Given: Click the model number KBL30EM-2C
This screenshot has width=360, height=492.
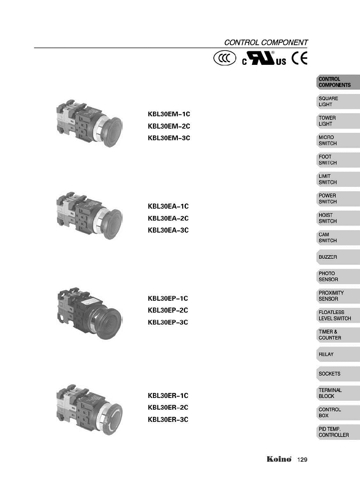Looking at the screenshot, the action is point(169,126).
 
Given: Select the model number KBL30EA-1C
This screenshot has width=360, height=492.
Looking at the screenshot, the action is point(168,206).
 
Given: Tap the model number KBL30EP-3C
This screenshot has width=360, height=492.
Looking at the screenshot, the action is point(168,322).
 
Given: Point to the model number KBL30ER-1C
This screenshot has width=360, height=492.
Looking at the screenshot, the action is point(168,396).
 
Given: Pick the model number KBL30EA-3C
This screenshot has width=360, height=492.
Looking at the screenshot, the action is point(168,230).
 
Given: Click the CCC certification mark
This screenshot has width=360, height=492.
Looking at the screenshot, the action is point(225,59).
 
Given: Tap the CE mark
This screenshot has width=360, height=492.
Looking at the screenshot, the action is point(300,59).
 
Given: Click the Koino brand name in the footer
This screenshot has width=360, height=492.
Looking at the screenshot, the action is point(279,459).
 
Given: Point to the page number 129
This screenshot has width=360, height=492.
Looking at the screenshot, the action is point(302,460).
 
